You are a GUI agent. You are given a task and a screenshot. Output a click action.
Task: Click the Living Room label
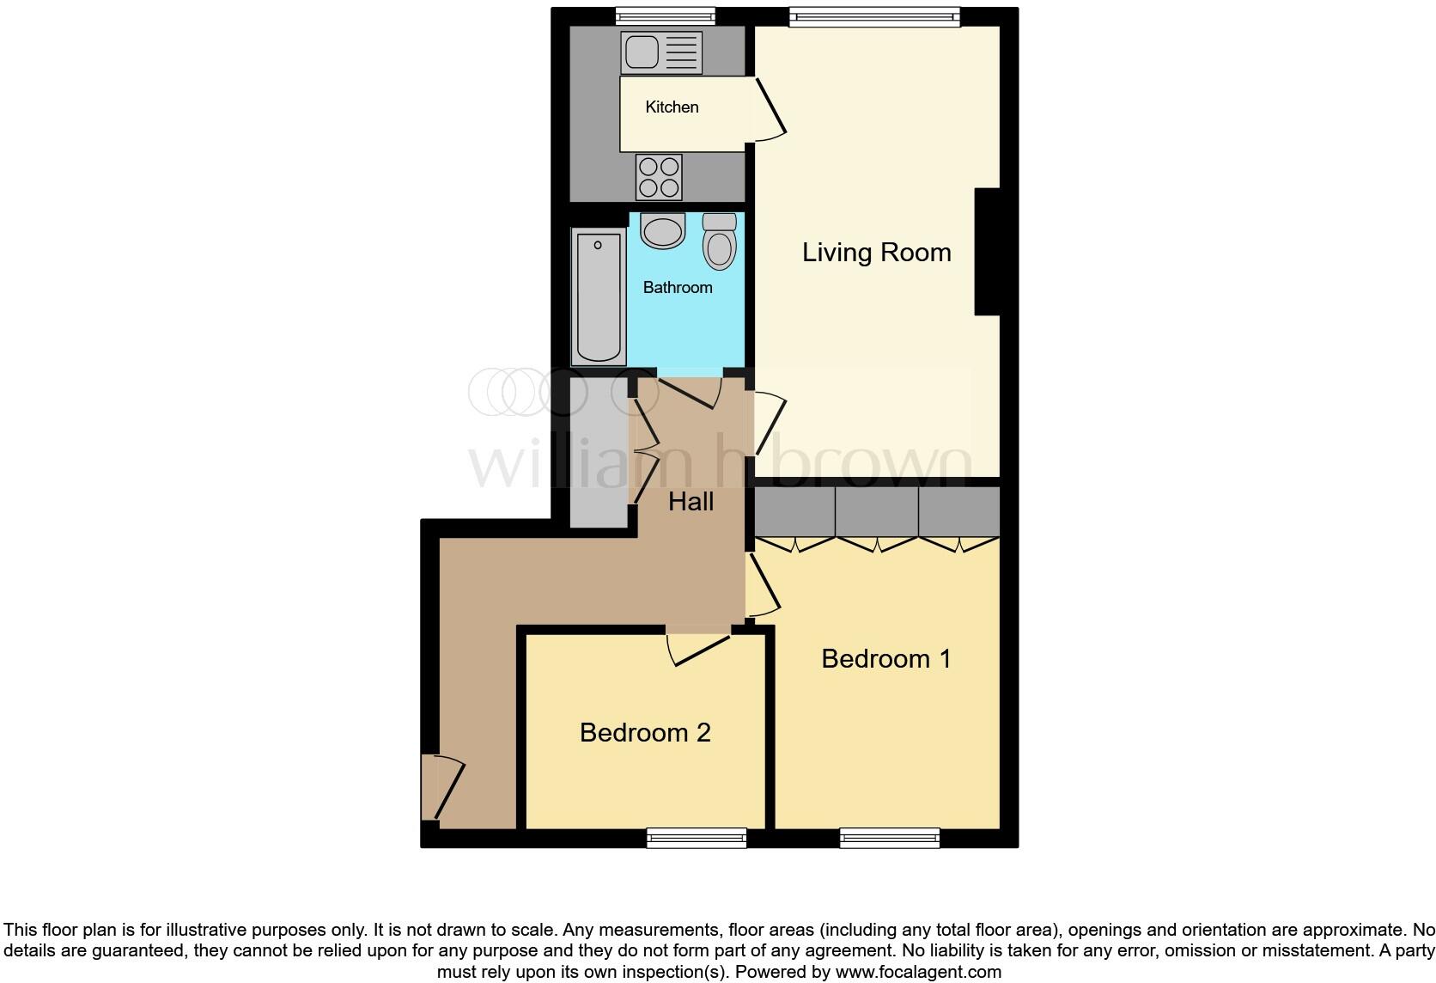(x=876, y=253)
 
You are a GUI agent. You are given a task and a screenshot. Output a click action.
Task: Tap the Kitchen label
(x=672, y=107)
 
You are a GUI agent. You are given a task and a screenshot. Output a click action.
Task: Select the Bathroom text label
(x=678, y=288)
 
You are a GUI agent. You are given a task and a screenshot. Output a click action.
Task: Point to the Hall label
(x=691, y=502)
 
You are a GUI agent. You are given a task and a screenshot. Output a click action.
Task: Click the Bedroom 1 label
(x=885, y=659)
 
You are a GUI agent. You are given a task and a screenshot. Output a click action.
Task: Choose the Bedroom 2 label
(x=645, y=733)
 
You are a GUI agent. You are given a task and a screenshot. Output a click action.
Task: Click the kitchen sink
(x=660, y=52)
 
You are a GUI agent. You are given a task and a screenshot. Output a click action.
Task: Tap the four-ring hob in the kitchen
(x=659, y=177)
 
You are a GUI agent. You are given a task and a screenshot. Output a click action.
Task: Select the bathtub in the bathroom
(x=599, y=297)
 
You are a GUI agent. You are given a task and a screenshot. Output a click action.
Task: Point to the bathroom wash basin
(x=662, y=230)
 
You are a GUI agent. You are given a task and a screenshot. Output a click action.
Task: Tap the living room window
(x=873, y=15)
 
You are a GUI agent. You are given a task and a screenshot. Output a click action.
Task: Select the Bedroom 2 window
(x=696, y=838)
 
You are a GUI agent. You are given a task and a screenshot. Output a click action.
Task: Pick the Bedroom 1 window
(x=889, y=838)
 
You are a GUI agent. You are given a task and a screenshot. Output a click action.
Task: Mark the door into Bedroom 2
(x=699, y=648)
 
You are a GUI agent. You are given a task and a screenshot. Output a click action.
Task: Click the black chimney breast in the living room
(x=988, y=251)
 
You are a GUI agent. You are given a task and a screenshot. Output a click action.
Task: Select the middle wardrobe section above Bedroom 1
(x=876, y=512)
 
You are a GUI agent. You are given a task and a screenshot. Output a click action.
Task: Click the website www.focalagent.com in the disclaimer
(x=918, y=973)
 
